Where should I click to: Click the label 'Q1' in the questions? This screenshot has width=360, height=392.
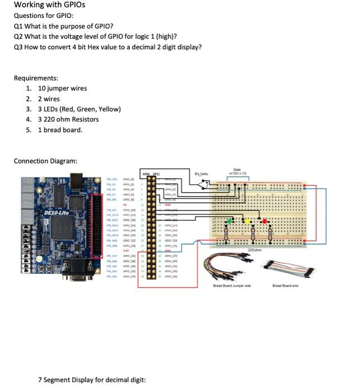click(x=18, y=26)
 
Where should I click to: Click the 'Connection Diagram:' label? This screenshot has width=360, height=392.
click(x=45, y=161)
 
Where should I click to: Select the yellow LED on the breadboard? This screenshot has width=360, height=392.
click(x=249, y=222)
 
